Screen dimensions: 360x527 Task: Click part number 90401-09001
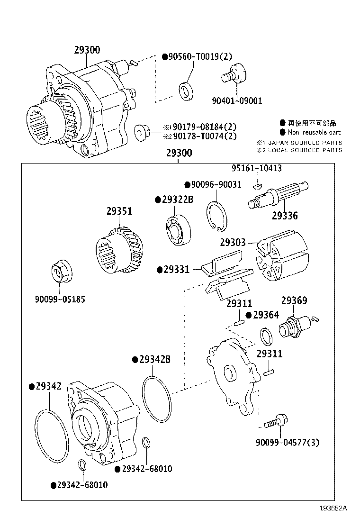point(237,100)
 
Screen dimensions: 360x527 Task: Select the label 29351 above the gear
point(119,211)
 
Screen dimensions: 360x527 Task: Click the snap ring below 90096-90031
point(216,217)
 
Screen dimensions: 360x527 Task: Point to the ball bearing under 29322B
point(179,229)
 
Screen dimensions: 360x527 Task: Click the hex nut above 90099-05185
point(61,271)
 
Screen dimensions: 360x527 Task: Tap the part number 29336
point(285,216)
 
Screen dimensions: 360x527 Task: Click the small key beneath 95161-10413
point(257,185)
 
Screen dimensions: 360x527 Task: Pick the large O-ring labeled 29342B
point(157,399)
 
